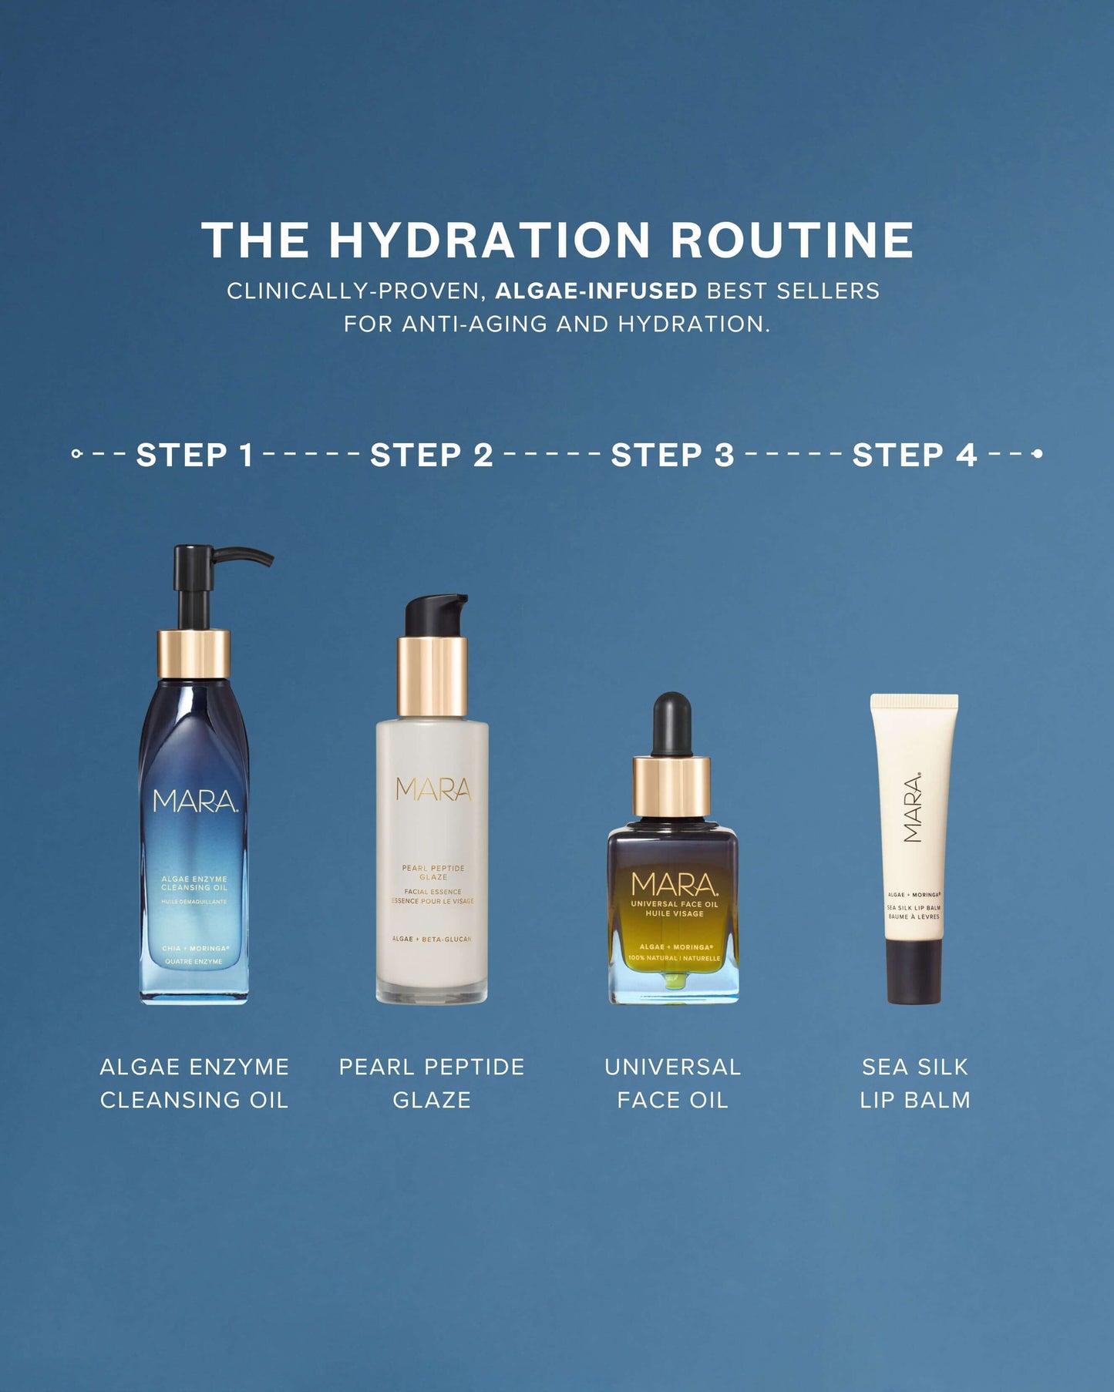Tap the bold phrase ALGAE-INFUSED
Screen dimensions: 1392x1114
[x=595, y=291]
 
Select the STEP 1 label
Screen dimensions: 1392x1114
[x=194, y=455]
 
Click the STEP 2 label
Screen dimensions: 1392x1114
[x=432, y=455]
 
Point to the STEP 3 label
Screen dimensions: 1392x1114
[x=672, y=455]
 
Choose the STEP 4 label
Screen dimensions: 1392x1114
[x=914, y=455]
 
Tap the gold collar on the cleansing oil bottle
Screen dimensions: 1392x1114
[x=194, y=654]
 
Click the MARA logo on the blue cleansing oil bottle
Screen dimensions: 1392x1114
[x=194, y=802]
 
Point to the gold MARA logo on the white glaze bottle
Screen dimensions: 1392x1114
[x=433, y=789]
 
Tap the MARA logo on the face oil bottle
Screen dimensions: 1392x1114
[x=674, y=884]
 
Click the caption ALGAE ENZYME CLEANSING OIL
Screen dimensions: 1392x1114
[x=194, y=1083]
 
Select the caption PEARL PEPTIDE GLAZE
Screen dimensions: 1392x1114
[x=432, y=1083]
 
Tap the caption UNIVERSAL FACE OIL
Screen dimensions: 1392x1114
[x=672, y=1083]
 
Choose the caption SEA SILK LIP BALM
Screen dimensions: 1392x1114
[x=915, y=1083]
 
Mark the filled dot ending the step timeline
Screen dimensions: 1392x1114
[x=1038, y=454]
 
